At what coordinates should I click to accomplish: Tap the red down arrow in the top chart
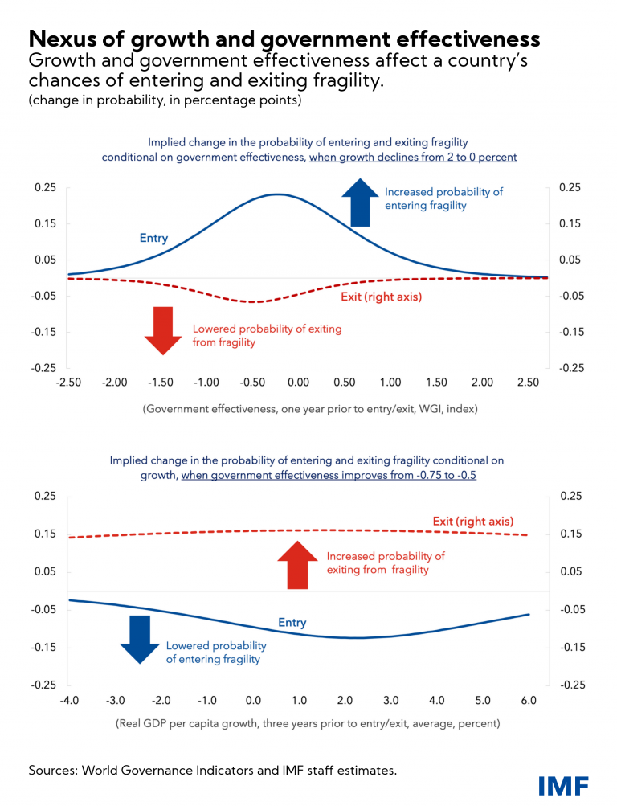click(163, 329)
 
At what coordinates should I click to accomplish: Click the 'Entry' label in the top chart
click(153, 238)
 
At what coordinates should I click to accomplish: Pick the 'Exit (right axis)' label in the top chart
click(377, 297)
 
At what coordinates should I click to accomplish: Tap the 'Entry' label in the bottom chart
click(292, 623)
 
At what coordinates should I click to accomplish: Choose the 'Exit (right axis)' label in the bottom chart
click(472, 522)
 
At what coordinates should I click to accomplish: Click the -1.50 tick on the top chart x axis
click(161, 383)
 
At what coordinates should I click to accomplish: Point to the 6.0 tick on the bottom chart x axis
click(529, 700)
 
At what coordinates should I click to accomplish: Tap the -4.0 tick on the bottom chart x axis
click(68, 700)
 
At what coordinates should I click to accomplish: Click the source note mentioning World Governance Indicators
click(213, 770)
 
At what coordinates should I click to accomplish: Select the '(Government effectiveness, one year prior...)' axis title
click(309, 408)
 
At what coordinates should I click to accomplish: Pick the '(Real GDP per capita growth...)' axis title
click(308, 723)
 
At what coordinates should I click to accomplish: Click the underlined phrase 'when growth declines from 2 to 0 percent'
click(413, 158)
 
